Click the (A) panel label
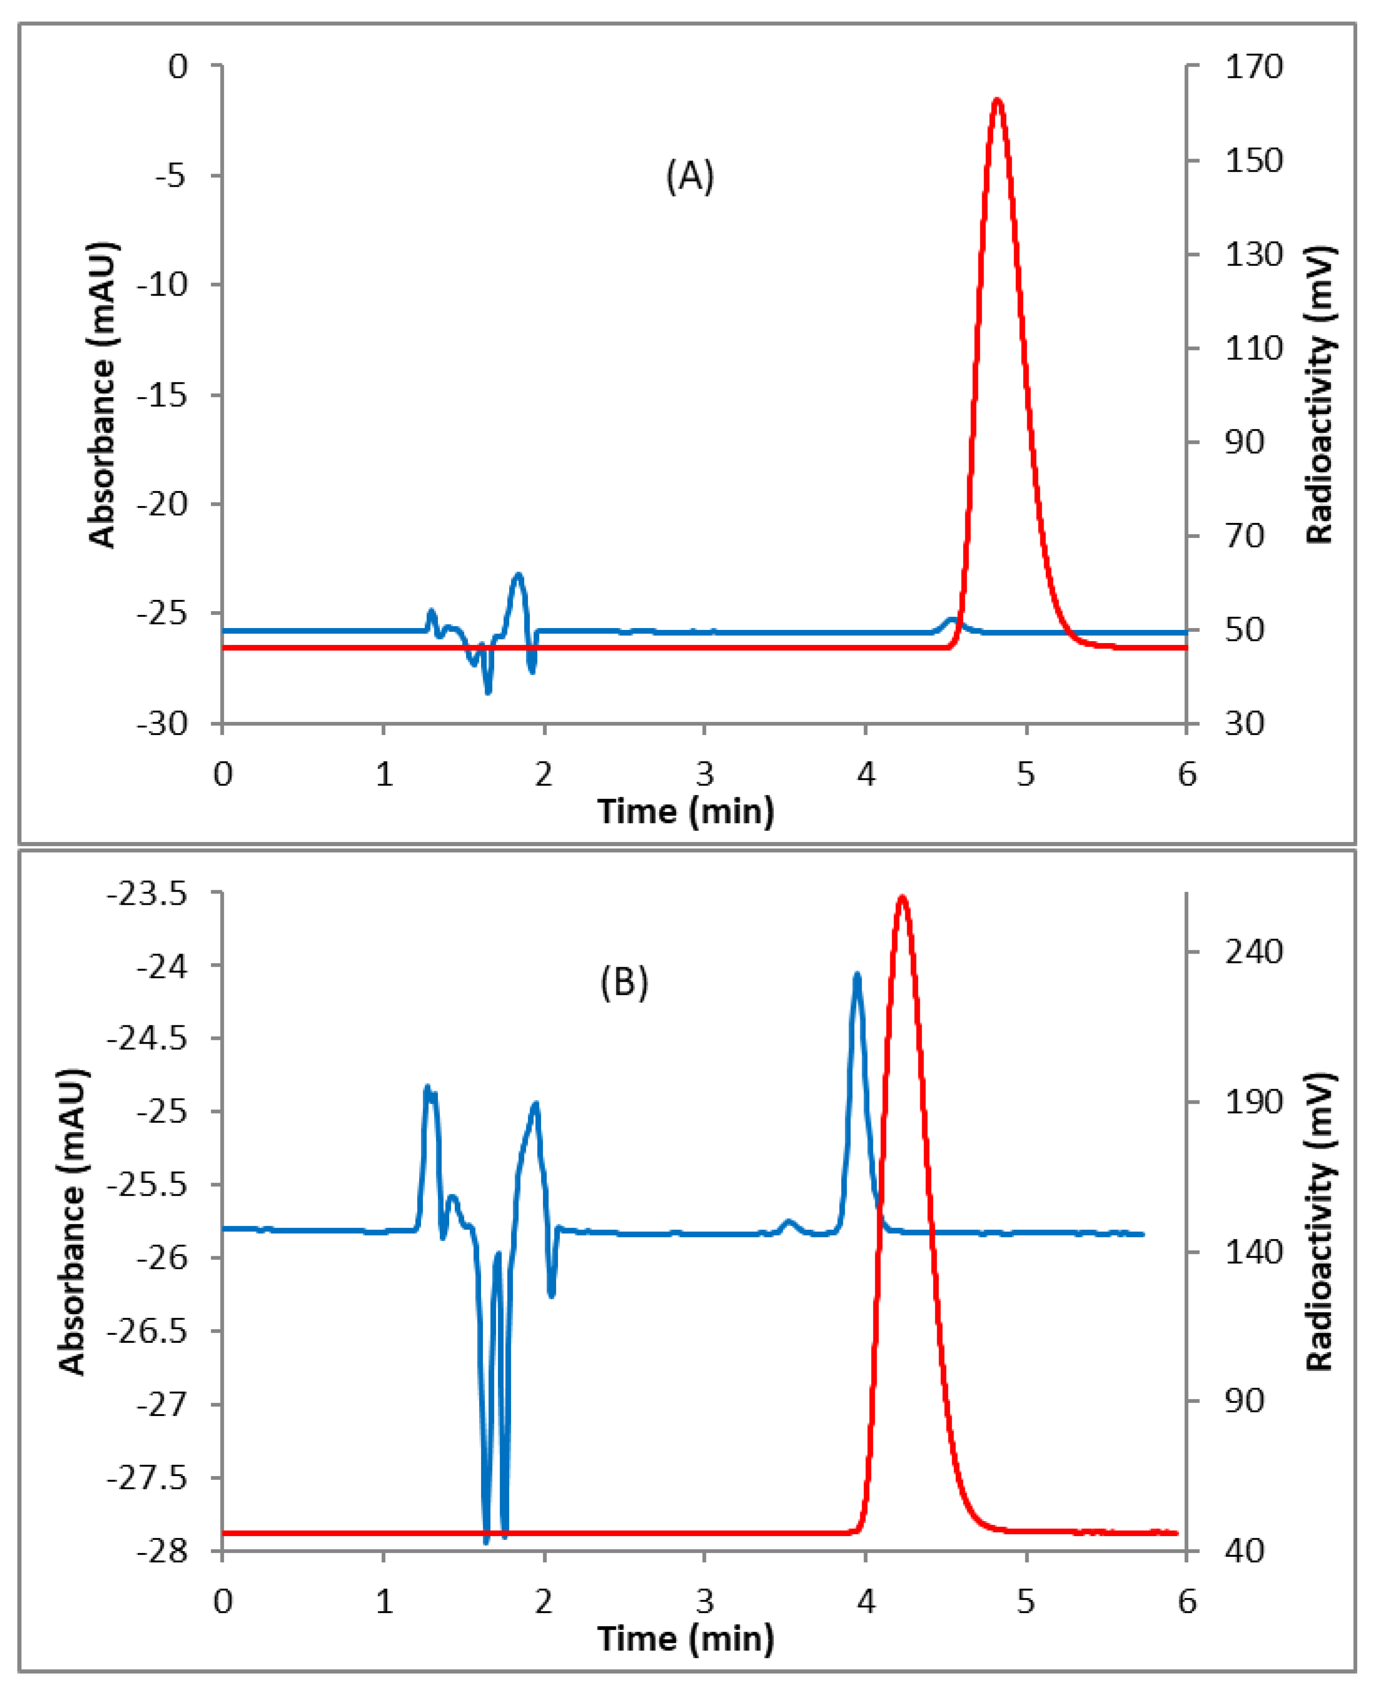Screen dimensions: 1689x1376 point(690,176)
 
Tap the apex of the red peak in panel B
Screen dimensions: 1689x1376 point(901,898)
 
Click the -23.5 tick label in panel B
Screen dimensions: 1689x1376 point(147,894)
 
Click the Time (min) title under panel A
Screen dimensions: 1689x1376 point(685,811)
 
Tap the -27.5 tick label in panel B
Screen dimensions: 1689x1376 point(147,1478)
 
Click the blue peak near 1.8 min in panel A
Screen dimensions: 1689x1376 point(519,575)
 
